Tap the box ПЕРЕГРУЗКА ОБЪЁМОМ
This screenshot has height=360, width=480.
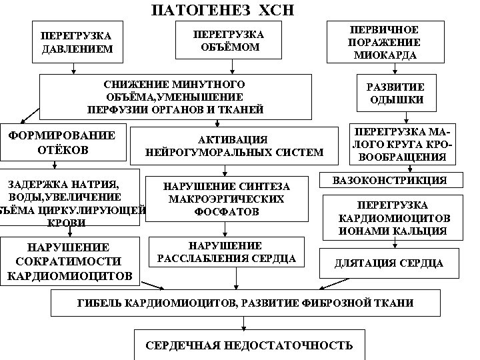click(228, 40)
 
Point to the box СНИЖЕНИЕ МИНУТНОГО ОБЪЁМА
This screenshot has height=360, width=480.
click(175, 97)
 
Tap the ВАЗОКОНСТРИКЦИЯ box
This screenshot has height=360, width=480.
click(390, 181)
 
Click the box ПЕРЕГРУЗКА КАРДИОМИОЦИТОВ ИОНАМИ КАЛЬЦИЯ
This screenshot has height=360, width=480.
click(393, 218)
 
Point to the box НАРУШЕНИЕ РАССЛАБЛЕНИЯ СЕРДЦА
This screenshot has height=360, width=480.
click(225, 252)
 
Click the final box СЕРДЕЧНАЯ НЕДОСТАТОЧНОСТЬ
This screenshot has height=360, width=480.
click(249, 345)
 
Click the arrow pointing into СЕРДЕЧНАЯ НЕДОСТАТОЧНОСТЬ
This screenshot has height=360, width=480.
click(244, 323)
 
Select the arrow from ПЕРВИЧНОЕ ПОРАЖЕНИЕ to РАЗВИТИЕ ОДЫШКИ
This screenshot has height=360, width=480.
click(395, 69)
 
